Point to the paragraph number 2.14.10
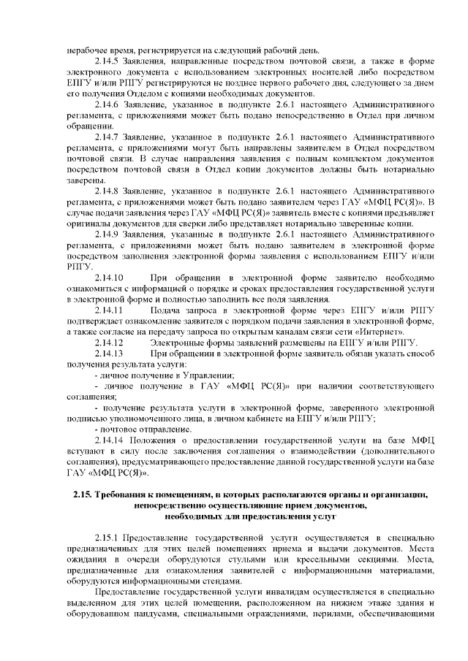109,278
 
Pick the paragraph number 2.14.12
109,343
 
